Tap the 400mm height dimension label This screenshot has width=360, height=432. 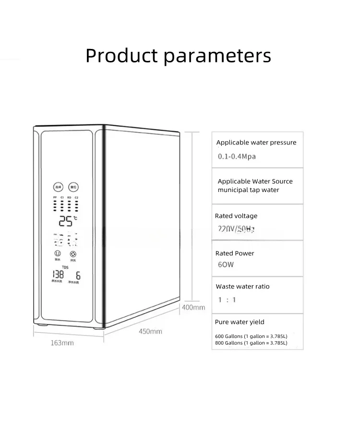pos(193,307)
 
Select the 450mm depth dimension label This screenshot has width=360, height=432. pos(150,331)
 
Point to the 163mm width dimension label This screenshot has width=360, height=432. pos(62,343)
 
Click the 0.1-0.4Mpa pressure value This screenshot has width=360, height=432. pos(237,156)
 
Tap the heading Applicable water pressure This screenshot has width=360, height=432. pos(256,143)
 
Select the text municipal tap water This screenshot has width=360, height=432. pos(248,190)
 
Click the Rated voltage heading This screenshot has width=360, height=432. pos(236,216)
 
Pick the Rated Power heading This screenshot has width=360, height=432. pos(235,253)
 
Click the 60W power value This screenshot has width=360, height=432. pos(226,265)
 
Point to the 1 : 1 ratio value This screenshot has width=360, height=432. pos(227,300)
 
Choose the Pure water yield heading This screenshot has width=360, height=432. pos(240,322)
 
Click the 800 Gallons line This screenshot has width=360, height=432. pos(251,343)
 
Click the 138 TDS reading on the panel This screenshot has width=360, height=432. pos(58,275)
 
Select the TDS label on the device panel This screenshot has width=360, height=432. pos(65,267)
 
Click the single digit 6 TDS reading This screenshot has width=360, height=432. pos(78,276)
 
